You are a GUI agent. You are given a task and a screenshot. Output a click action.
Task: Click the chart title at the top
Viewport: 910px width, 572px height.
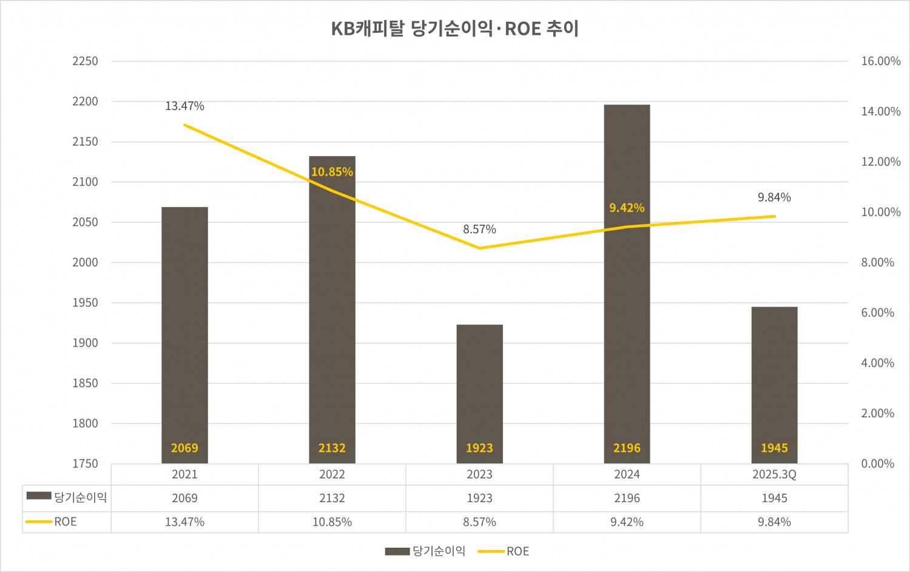coord(455,29)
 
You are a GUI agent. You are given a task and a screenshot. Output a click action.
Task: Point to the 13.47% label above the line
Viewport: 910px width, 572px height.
coord(184,106)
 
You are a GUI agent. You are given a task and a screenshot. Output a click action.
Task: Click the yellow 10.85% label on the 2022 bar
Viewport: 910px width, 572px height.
coord(332,172)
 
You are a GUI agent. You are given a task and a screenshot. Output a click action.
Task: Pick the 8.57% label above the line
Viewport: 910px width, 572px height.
coord(479,230)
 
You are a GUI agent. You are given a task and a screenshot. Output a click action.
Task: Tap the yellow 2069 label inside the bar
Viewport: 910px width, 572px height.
coord(184,448)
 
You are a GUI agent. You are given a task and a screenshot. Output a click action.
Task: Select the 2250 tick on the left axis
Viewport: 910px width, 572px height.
coord(85,61)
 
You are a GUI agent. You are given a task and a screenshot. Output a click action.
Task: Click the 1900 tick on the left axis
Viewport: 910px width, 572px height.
coord(85,343)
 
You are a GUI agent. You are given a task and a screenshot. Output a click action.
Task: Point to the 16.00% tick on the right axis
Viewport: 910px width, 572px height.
coord(880,61)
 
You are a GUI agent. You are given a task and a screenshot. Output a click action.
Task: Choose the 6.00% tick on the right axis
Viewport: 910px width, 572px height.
coord(877,313)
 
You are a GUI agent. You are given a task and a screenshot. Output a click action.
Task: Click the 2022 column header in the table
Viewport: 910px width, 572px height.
coord(332,474)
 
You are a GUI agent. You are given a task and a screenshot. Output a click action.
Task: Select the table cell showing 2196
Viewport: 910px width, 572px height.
coord(627,499)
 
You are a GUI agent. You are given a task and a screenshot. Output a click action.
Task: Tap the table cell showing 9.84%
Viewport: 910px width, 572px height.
coord(774,522)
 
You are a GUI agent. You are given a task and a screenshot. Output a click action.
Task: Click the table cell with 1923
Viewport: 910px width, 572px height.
coord(479,499)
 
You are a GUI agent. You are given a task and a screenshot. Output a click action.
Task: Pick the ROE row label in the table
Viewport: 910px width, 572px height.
coord(65,522)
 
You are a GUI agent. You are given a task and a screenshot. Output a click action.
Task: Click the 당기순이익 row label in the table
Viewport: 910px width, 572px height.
coord(80,498)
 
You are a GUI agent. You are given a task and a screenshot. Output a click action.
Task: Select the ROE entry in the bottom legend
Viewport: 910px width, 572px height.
coord(517,551)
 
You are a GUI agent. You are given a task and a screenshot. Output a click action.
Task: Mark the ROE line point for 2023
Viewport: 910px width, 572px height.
coord(479,248)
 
